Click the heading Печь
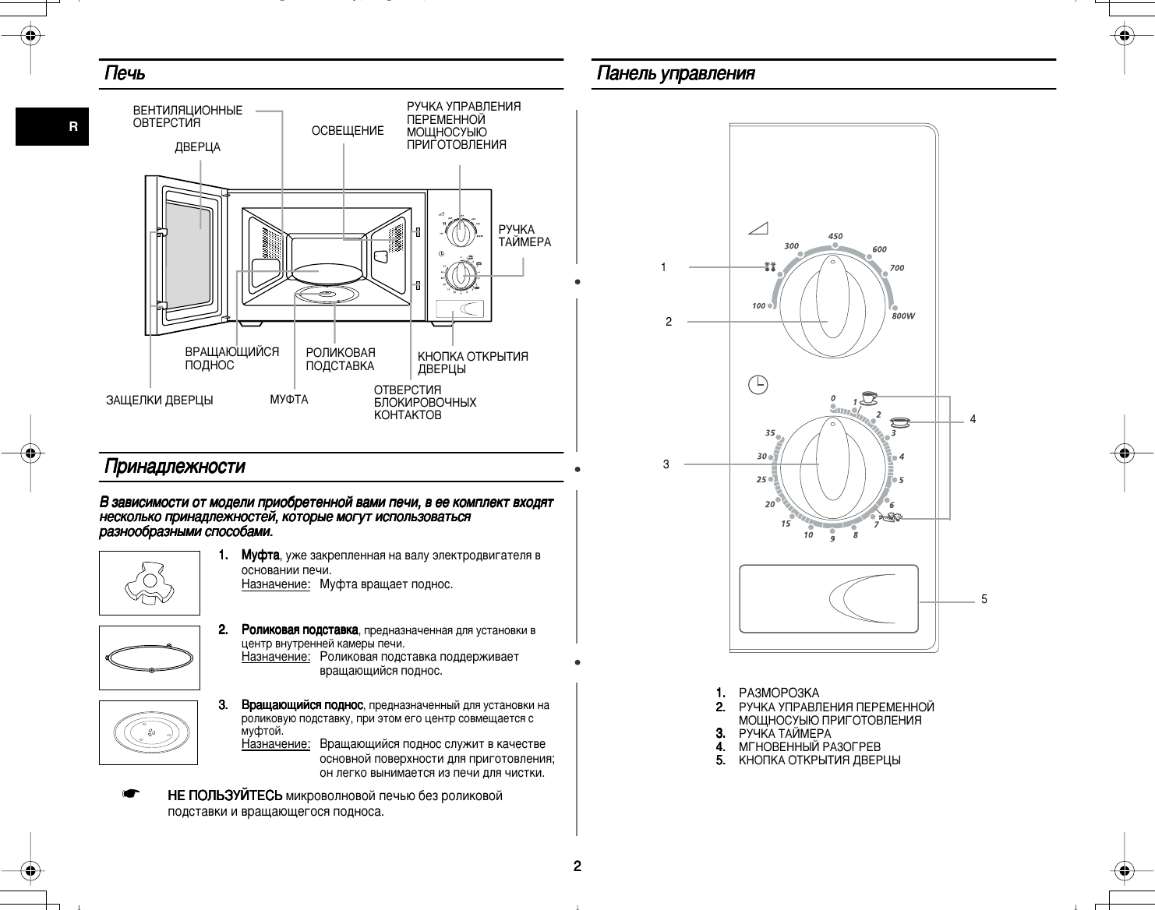[125, 74]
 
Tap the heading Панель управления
[675, 74]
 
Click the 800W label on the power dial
[902, 316]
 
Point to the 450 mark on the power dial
[835, 236]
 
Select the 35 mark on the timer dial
[770, 432]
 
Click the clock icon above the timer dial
[758, 384]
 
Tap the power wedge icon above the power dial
[758, 228]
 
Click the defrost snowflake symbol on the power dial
[771, 267]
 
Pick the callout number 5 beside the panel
[984, 599]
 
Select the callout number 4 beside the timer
[973, 419]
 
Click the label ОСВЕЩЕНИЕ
[348, 131]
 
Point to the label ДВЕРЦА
[197, 147]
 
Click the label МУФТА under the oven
[289, 400]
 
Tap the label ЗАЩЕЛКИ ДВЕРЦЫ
[159, 400]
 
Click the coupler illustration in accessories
[149, 584]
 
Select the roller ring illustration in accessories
[149, 658]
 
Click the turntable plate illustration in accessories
[149, 732]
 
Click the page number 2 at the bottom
[577, 866]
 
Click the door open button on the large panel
[828, 598]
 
